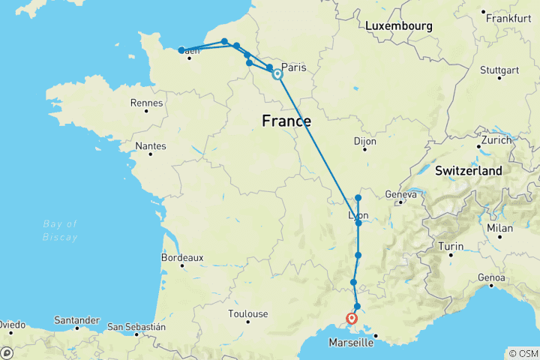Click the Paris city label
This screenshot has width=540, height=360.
294,67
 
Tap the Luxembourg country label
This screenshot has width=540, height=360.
399,26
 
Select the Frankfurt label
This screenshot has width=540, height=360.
508,17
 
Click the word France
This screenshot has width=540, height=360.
286,120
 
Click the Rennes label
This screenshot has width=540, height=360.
146,103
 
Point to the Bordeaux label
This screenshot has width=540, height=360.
182,257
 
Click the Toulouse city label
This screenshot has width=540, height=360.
249,313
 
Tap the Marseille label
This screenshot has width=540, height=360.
352,343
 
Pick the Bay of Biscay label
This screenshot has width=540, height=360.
61,231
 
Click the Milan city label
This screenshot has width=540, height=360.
500,228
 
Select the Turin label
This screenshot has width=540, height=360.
451,247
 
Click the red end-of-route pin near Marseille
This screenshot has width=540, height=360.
352,319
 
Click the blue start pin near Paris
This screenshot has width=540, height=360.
277,73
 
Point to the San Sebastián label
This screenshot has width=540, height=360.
136,327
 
